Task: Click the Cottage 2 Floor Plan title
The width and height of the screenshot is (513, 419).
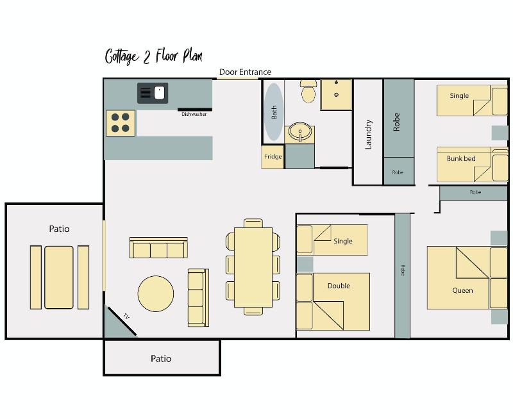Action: [x=154, y=56]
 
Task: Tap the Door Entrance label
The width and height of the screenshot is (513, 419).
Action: [x=245, y=72]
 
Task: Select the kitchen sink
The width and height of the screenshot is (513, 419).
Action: [x=153, y=93]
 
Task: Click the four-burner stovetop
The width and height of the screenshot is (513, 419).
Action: [x=121, y=123]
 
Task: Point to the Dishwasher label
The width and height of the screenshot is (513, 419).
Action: [x=194, y=114]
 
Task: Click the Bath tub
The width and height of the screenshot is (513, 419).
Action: [x=274, y=111]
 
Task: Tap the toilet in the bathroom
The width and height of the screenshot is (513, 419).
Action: [x=308, y=91]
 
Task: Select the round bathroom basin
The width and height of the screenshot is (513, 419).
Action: [x=300, y=132]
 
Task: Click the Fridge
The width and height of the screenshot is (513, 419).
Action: [x=273, y=157]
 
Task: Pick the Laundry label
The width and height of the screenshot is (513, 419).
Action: [x=368, y=135]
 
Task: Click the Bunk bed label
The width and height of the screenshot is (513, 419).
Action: [x=461, y=158]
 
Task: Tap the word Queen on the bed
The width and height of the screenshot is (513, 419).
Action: [x=462, y=290]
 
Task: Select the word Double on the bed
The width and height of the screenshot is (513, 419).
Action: [x=339, y=286]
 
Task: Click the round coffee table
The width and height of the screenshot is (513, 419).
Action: [x=156, y=293]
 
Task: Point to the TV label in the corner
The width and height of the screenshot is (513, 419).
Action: [x=126, y=316]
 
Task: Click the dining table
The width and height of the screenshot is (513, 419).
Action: [x=253, y=267]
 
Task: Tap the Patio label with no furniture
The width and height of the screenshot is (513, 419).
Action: [x=161, y=359]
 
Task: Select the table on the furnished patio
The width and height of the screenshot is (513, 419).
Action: [x=59, y=277]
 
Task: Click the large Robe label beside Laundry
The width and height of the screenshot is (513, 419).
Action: [x=396, y=122]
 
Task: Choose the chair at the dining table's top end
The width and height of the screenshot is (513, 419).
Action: [x=253, y=223]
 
